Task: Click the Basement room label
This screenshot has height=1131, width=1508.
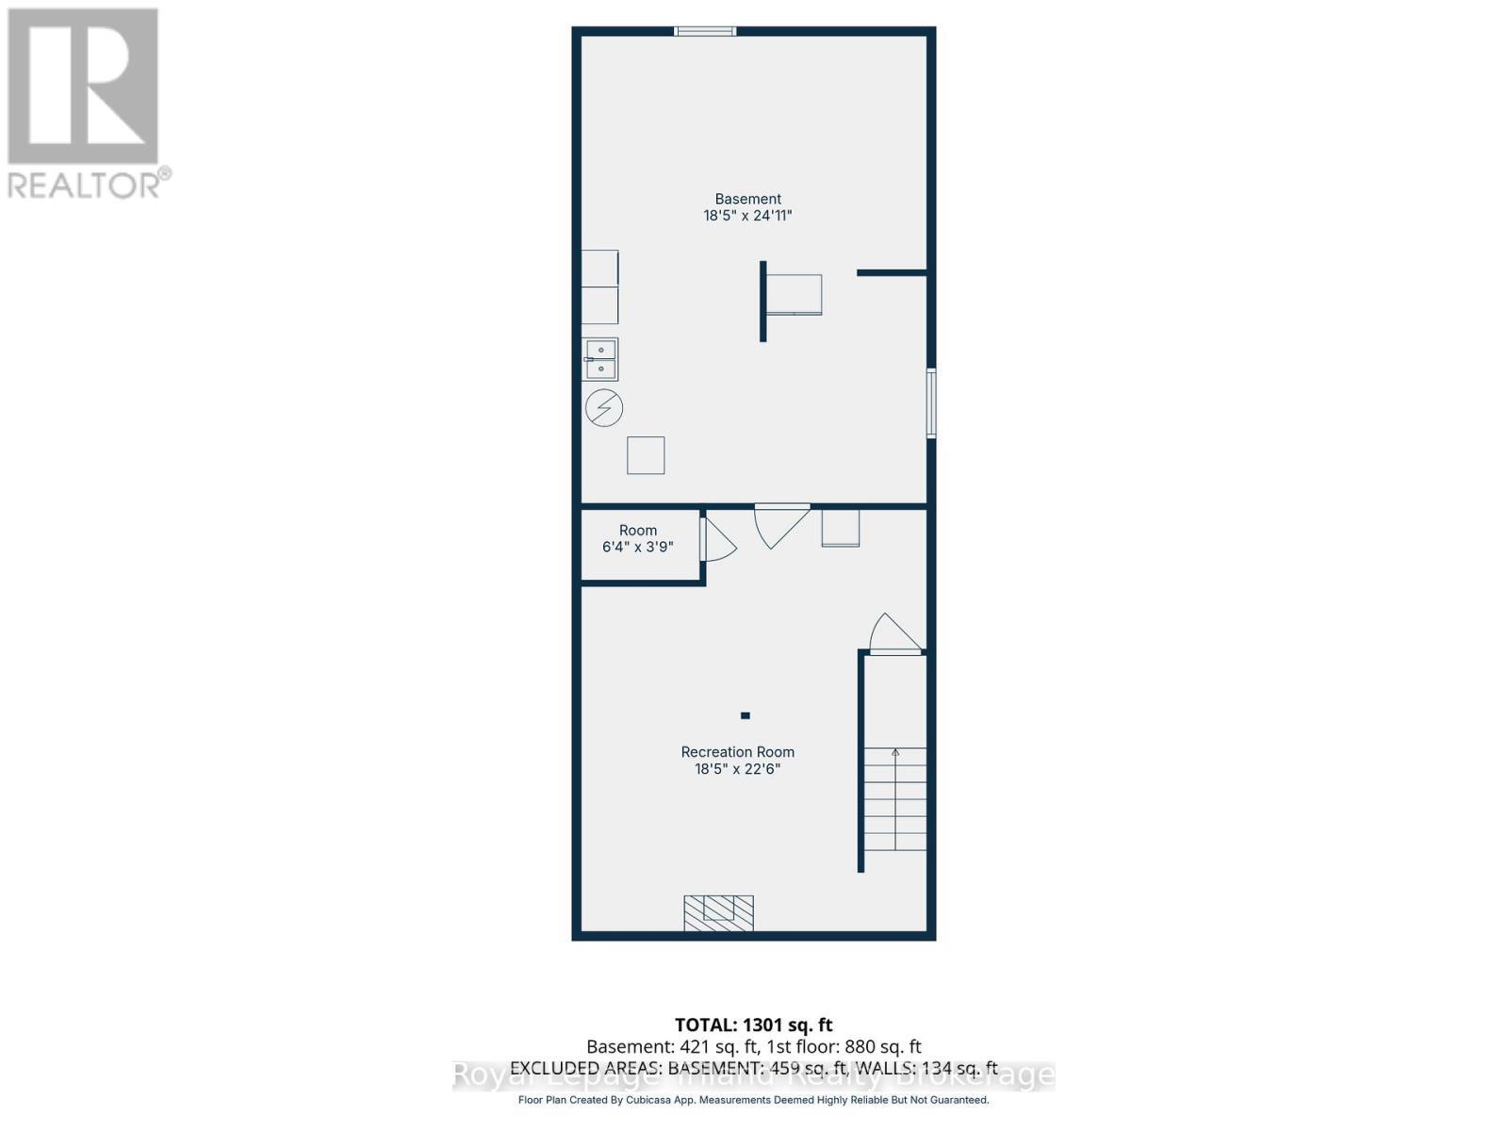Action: point(747,199)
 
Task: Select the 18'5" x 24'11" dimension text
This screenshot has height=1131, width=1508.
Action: point(747,216)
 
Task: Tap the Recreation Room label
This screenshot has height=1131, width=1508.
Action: point(737,752)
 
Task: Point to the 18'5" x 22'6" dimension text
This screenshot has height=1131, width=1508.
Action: point(737,769)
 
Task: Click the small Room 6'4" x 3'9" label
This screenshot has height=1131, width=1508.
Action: point(638,538)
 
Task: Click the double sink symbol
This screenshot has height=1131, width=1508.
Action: point(600,359)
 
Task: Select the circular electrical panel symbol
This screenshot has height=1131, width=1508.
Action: point(604,408)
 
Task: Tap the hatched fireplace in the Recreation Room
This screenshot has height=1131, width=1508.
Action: point(718,912)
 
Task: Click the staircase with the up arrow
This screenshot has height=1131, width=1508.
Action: point(895,799)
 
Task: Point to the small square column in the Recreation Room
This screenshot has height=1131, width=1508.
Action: point(745,715)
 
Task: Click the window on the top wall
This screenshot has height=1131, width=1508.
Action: point(705,31)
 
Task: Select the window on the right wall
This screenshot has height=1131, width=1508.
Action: point(931,403)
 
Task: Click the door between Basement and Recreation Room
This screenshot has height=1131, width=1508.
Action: point(780,524)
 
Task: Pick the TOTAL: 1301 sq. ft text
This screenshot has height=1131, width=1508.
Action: point(753,1024)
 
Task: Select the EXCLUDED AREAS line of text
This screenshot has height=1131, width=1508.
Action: point(753,1068)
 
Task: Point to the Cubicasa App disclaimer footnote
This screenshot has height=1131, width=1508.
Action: point(753,1100)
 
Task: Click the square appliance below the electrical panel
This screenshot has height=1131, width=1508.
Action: point(646,455)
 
